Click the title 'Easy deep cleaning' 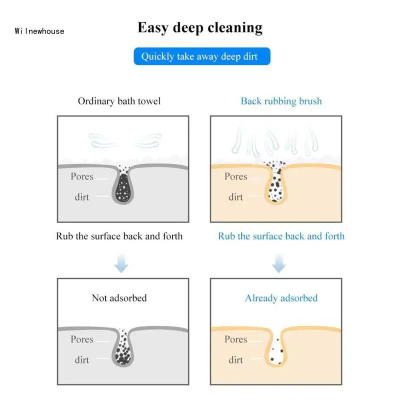200,27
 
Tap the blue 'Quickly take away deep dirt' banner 199,56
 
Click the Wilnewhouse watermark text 39,31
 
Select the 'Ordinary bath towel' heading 119,101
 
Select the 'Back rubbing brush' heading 281,101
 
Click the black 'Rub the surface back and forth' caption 119,236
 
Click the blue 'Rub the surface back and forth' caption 281,236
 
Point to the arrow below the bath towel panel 120,263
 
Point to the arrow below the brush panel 279,263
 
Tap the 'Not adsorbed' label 119,298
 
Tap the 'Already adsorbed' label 281,298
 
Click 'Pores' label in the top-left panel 82,176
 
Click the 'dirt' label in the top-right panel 235,197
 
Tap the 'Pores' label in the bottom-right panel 235,339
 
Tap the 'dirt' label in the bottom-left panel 82,359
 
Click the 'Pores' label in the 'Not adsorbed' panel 82,339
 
